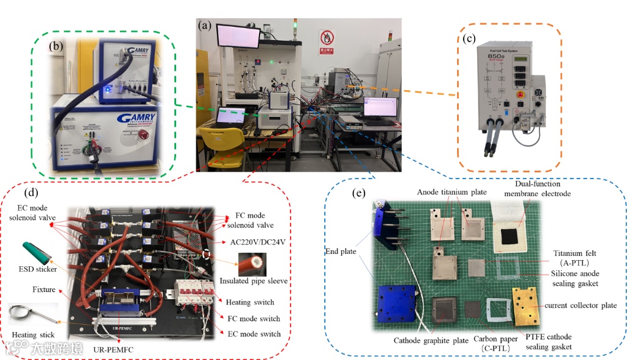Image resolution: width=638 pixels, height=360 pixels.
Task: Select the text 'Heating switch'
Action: click(250, 303)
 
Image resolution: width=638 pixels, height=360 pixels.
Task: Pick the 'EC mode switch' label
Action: click(253, 334)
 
